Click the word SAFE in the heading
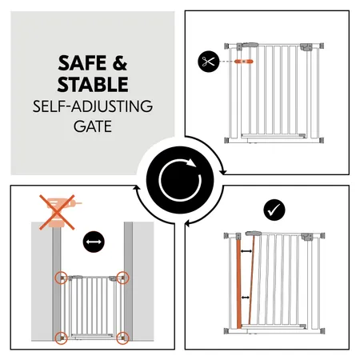(78, 63)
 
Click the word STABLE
(93, 84)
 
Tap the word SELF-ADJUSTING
(93, 106)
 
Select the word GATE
(93, 125)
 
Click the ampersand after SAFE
(118, 63)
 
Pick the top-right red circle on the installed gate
(122, 278)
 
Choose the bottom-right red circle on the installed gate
(122, 337)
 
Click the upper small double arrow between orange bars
(246, 254)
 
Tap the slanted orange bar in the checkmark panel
(250, 280)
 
